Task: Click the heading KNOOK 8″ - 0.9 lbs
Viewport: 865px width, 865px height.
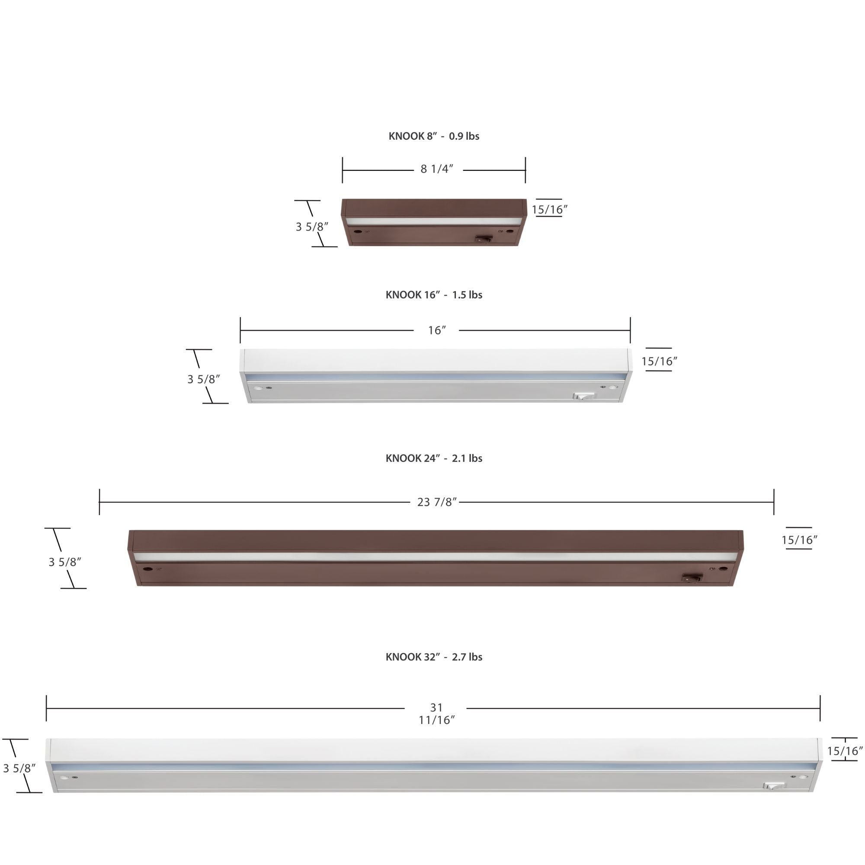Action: click(434, 136)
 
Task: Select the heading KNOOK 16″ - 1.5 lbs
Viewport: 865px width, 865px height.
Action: click(434, 295)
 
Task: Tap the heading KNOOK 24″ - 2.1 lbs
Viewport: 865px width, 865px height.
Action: click(434, 458)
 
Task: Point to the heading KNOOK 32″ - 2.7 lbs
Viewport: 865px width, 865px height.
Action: click(434, 657)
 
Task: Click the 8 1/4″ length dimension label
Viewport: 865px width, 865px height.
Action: click(437, 169)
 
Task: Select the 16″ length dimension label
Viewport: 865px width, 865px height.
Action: click(437, 330)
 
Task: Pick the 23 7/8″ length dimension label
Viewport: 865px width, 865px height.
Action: click(437, 502)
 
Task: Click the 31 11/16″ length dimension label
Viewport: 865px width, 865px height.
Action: click(436, 714)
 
